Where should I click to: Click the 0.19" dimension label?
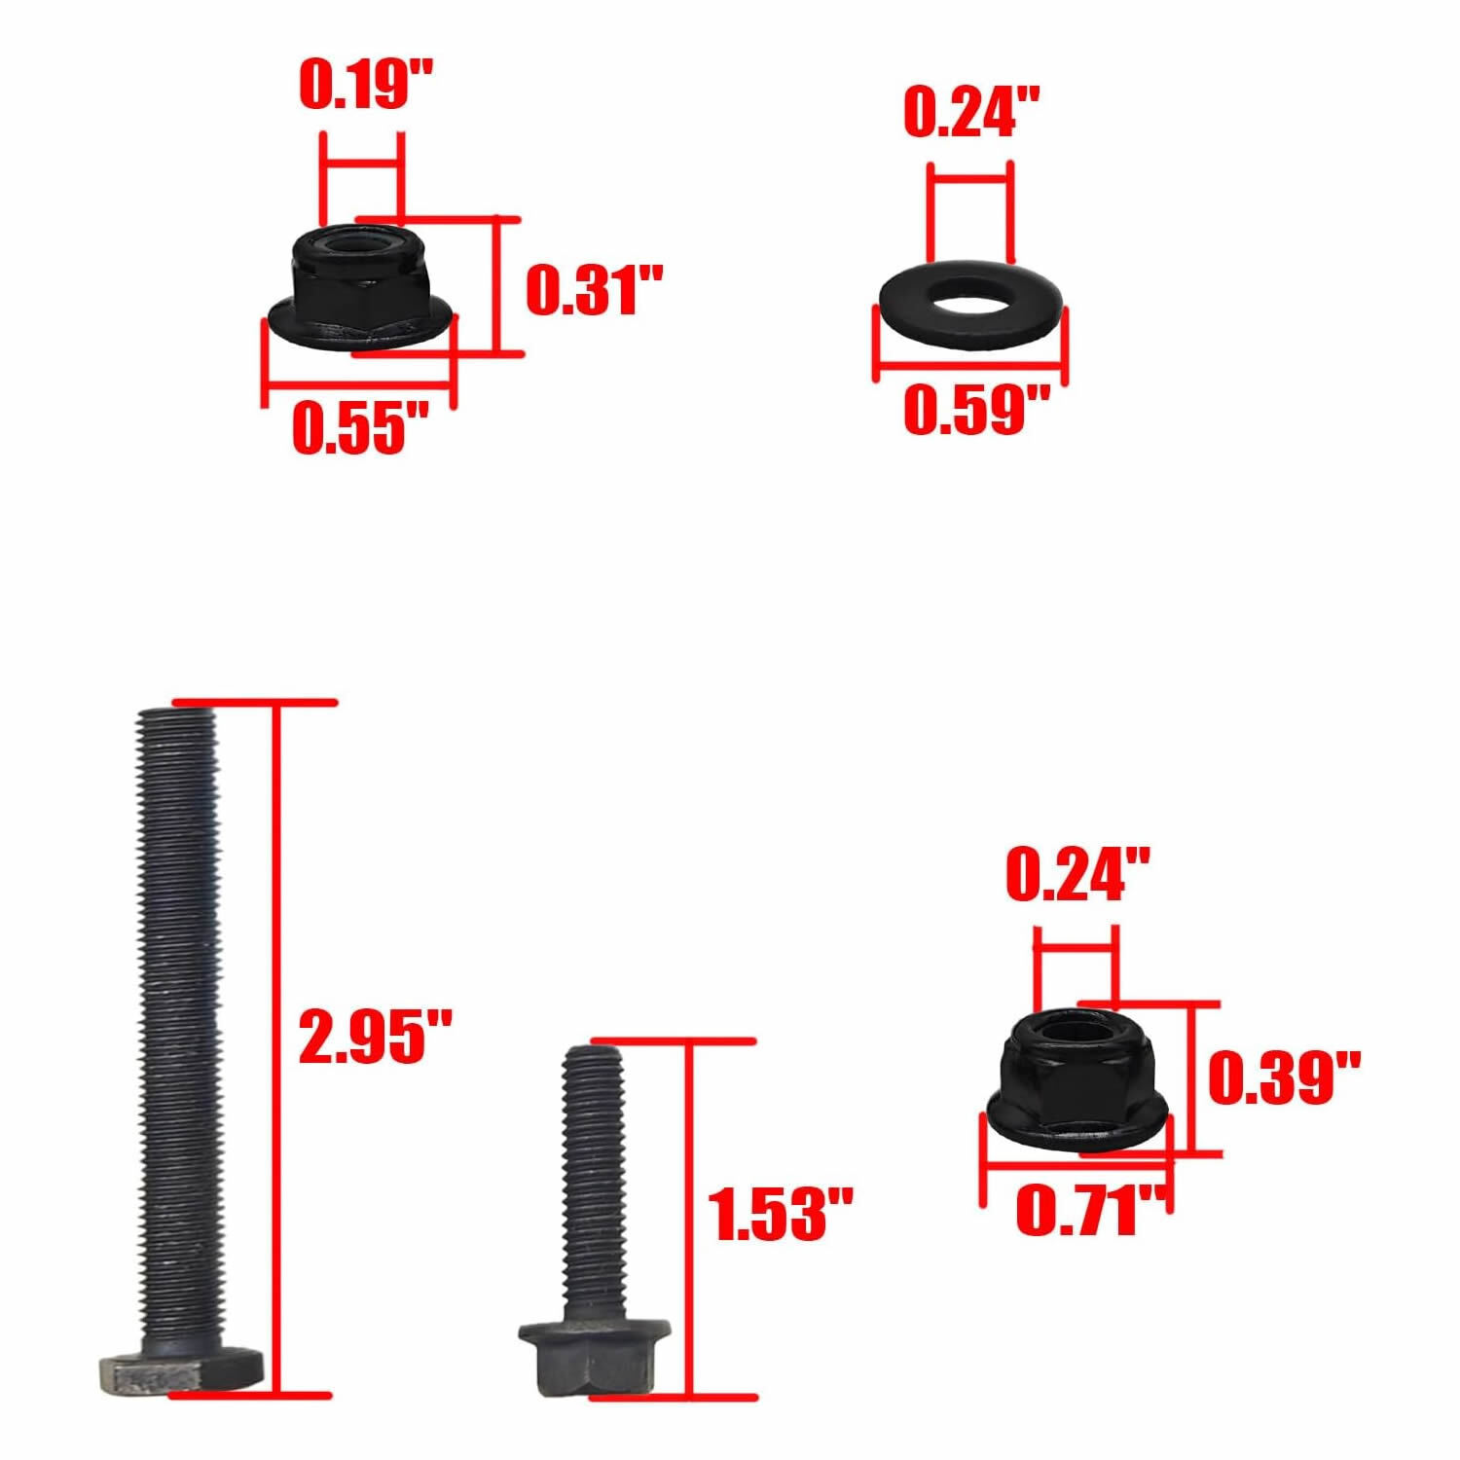click(x=365, y=85)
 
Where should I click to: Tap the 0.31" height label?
click(x=594, y=289)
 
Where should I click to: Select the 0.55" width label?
click(x=360, y=427)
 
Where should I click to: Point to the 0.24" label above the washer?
click(x=970, y=112)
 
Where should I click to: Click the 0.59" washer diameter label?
click(x=976, y=410)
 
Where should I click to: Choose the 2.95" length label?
click(x=375, y=1036)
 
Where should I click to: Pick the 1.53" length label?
click(x=779, y=1214)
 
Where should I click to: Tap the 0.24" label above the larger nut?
click(x=1077, y=874)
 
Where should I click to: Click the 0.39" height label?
click(x=1283, y=1077)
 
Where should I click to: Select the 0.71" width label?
click(x=1090, y=1212)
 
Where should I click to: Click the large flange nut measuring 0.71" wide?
click(x=1077, y=1080)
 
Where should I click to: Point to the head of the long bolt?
click(x=181, y=1373)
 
